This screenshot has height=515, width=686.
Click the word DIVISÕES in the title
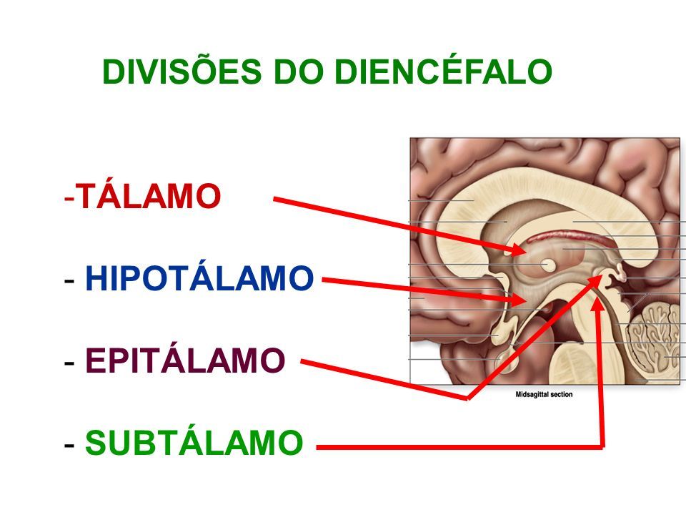click(x=182, y=71)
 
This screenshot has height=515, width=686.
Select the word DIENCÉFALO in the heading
click(x=443, y=71)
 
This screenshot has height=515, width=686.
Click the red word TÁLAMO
click(x=148, y=196)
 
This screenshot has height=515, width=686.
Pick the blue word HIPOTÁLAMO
click(x=199, y=278)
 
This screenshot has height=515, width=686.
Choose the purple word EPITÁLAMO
click(x=185, y=360)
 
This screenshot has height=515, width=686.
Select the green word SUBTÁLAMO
click(x=194, y=442)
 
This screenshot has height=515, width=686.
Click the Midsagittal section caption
click(x=544, y=394)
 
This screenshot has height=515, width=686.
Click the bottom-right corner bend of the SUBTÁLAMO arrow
click(x=603, y=446)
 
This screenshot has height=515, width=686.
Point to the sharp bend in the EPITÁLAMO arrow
click(x=467, y=398)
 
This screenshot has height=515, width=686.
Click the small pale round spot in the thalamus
click(x=547, y=265)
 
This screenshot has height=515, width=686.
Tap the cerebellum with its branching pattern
click(x=655, y=346)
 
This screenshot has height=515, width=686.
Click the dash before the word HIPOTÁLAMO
click(x=69, y=280)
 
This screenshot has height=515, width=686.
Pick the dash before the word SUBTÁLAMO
click(x=69, y=444)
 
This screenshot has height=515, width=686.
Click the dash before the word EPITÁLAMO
click(x=69, y=362)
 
